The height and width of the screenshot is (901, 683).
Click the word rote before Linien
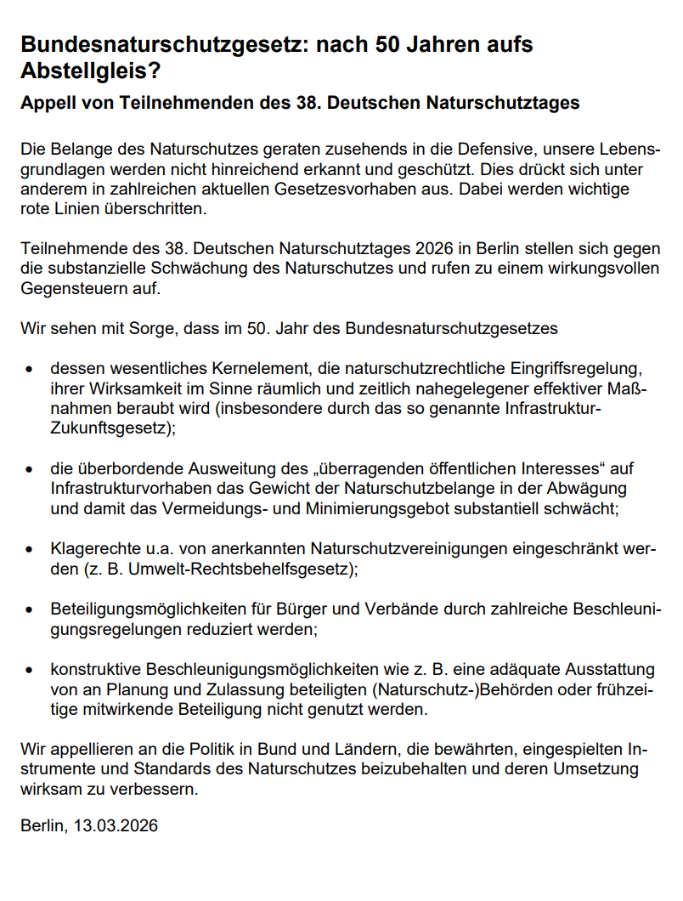[37, 208]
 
